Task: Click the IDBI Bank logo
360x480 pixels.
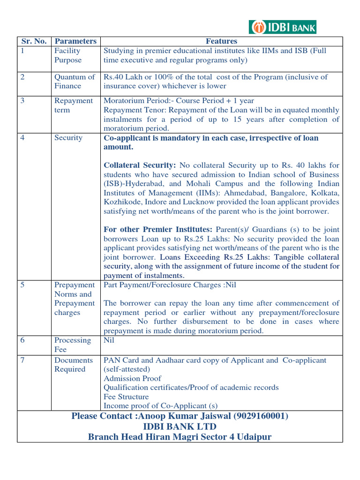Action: click(282, 27)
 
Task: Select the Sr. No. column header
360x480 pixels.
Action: click(34, 41)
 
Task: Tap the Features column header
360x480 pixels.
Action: click(222, 41)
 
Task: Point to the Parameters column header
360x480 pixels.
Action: click(75, 41)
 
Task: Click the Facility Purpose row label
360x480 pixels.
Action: click(68, 55)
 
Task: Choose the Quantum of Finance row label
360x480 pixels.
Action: click(75, 82)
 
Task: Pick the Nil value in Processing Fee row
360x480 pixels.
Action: click(109, 340)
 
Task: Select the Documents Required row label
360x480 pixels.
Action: click(74, 365)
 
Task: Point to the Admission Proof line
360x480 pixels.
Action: click(132, 378)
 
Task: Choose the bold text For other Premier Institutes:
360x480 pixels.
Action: click(158, 230)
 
